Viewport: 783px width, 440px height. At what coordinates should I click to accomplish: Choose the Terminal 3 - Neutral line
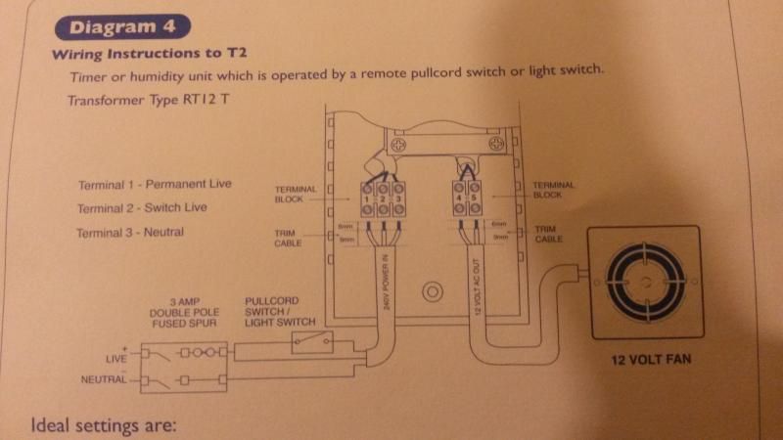pos(129,232)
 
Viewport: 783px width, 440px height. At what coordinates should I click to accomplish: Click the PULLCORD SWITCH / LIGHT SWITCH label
pos(279,309)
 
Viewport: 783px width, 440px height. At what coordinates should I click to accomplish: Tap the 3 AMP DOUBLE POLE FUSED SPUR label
pos(186,309)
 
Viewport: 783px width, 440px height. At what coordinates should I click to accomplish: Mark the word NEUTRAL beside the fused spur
pos(105,379)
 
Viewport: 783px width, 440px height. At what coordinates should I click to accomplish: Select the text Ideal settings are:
pos(103,425)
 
